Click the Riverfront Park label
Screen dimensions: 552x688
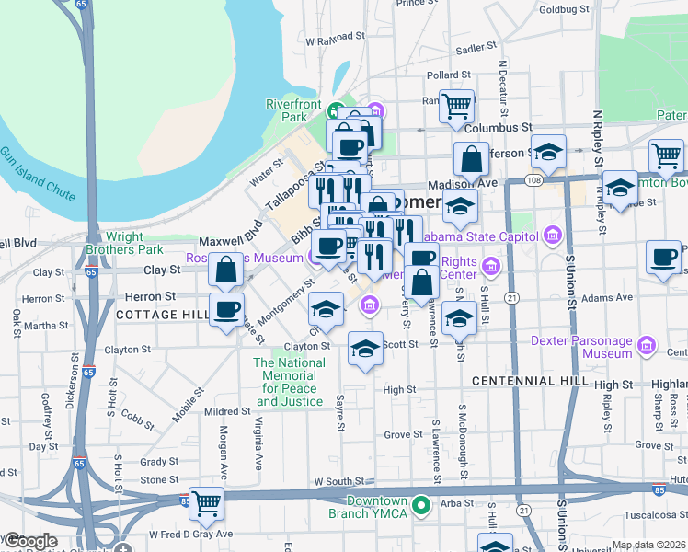[286, 110]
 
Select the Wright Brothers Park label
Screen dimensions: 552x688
[124, 243]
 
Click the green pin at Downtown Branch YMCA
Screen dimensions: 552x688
[421, 505]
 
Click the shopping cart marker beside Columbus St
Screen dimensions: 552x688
[456, 107]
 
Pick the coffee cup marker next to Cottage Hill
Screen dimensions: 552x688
[226, 309]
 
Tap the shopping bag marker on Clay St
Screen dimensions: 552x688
[226, 270]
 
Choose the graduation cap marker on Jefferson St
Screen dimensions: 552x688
[548, 151]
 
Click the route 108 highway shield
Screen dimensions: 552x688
[534, 181]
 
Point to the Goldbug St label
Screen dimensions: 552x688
[564, 9]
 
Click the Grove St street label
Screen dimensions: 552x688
[402, 434]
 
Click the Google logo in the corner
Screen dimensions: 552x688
[31, 542]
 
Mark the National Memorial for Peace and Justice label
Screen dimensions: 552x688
[290, 382]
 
